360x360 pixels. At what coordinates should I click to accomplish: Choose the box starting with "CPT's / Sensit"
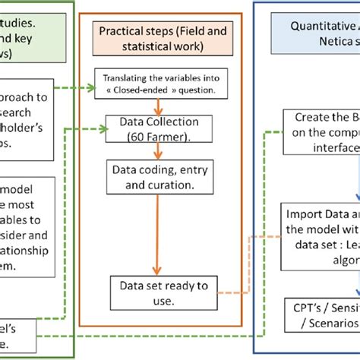click(322, 314)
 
